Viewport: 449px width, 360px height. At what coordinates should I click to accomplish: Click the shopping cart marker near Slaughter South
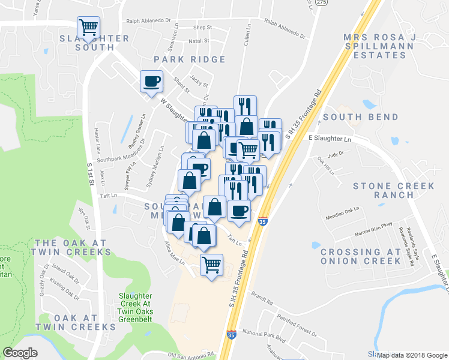(88, 26)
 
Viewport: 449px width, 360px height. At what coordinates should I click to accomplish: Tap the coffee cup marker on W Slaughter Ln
(151, 80)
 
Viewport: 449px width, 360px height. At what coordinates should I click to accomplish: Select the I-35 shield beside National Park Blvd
(231, 335)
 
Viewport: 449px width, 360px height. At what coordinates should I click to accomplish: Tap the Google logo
(20, 353)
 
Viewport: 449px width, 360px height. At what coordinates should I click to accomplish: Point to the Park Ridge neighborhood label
(190, 59)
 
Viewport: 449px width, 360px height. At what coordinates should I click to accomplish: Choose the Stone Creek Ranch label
(393, 190)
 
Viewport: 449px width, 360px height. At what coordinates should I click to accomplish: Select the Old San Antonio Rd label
(191, 356)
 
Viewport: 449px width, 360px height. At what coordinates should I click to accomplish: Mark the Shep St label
(202, 28)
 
